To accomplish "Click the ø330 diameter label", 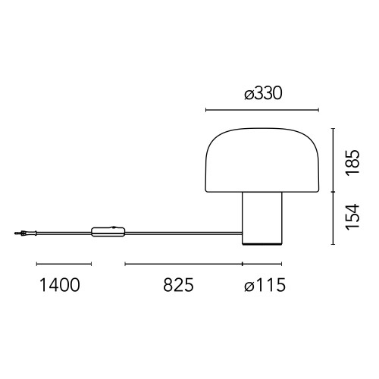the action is pyautogui.click(x=263, y=93).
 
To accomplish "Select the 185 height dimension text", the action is pyautogui.click(x=352, y=163).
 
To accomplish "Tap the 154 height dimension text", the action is pyautogui.click(x=352, y=217).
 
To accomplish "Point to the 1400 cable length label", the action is pyautogui.click(x=60, y=285).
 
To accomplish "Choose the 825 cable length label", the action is pyautogui.click(x=178, y=285).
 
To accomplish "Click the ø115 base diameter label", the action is pyautogui.click(x=265, y=285).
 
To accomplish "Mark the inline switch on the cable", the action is pyautogui.click(x=108, y=232).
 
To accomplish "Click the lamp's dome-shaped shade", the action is pyautogui.click(x=262, y=160).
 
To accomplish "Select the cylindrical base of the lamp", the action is pyautogui.click(x=262, y=218).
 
